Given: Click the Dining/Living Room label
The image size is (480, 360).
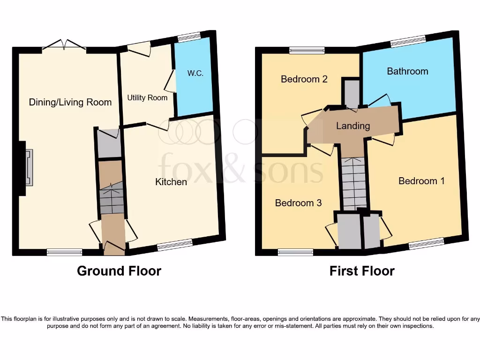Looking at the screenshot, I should point(70,102).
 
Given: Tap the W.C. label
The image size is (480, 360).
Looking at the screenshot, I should point(195,74).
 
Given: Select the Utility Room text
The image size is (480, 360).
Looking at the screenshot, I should point(147,97).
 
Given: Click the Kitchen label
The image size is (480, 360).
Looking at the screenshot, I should point(171,181).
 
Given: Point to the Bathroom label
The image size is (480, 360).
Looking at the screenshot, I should point(407,71).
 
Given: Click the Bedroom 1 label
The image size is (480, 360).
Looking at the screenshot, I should point(421,180).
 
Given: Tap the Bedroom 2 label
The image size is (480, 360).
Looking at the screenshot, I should point(304,79).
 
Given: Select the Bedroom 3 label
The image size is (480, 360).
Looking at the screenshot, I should point(298,203).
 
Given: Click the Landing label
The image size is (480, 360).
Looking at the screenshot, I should point(353,126).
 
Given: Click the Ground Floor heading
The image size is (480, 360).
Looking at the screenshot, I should point(119,270).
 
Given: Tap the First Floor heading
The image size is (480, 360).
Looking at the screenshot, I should point(362,270).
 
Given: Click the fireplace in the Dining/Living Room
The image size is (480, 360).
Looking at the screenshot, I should point(28,167).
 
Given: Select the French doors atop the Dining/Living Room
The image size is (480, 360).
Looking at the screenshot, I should point(64,45).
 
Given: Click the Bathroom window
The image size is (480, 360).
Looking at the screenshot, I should point(408,42).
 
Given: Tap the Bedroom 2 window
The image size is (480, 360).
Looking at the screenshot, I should point(307,50).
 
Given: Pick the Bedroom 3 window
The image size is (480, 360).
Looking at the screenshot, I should point(295,252).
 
